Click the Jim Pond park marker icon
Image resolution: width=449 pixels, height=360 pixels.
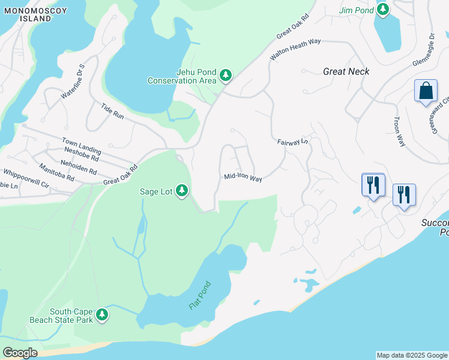pyautogui.click(x=382, y=10)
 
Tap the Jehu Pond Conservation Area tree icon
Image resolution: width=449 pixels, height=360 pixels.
pyautogui.click(x=226, y=76)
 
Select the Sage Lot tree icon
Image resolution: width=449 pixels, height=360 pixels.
pyautogui.click(x=181, y=191)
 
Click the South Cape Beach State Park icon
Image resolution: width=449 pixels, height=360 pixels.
pyautogui.click(x=102, y=314)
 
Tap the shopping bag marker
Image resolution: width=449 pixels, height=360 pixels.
pyautogui.click(x=426, y=91)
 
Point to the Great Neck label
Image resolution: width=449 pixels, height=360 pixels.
pyautogui.click(x=346, y=71)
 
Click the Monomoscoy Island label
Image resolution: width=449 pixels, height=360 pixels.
pyautogui.click(x=27, y=14)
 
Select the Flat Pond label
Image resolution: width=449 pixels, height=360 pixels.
pyautogui.click(x=200, y=295)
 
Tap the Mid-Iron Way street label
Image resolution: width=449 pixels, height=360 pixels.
pyautogui.click(x=243, y=178)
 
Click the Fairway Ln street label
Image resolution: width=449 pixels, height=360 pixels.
pyautogui.click(x=292, y=142)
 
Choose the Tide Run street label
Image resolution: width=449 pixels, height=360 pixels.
pyautogui.click(x=112, y=111)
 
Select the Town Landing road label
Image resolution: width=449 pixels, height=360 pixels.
pyautogui.click(x=81, y=144)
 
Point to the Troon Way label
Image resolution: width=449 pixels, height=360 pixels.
pyautogui.click(x=399, y=131)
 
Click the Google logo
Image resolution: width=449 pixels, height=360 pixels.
pyautogui.click(x=20, y=353)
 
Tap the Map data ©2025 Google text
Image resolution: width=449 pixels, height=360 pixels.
pyautogui.click(x=412, y=355)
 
